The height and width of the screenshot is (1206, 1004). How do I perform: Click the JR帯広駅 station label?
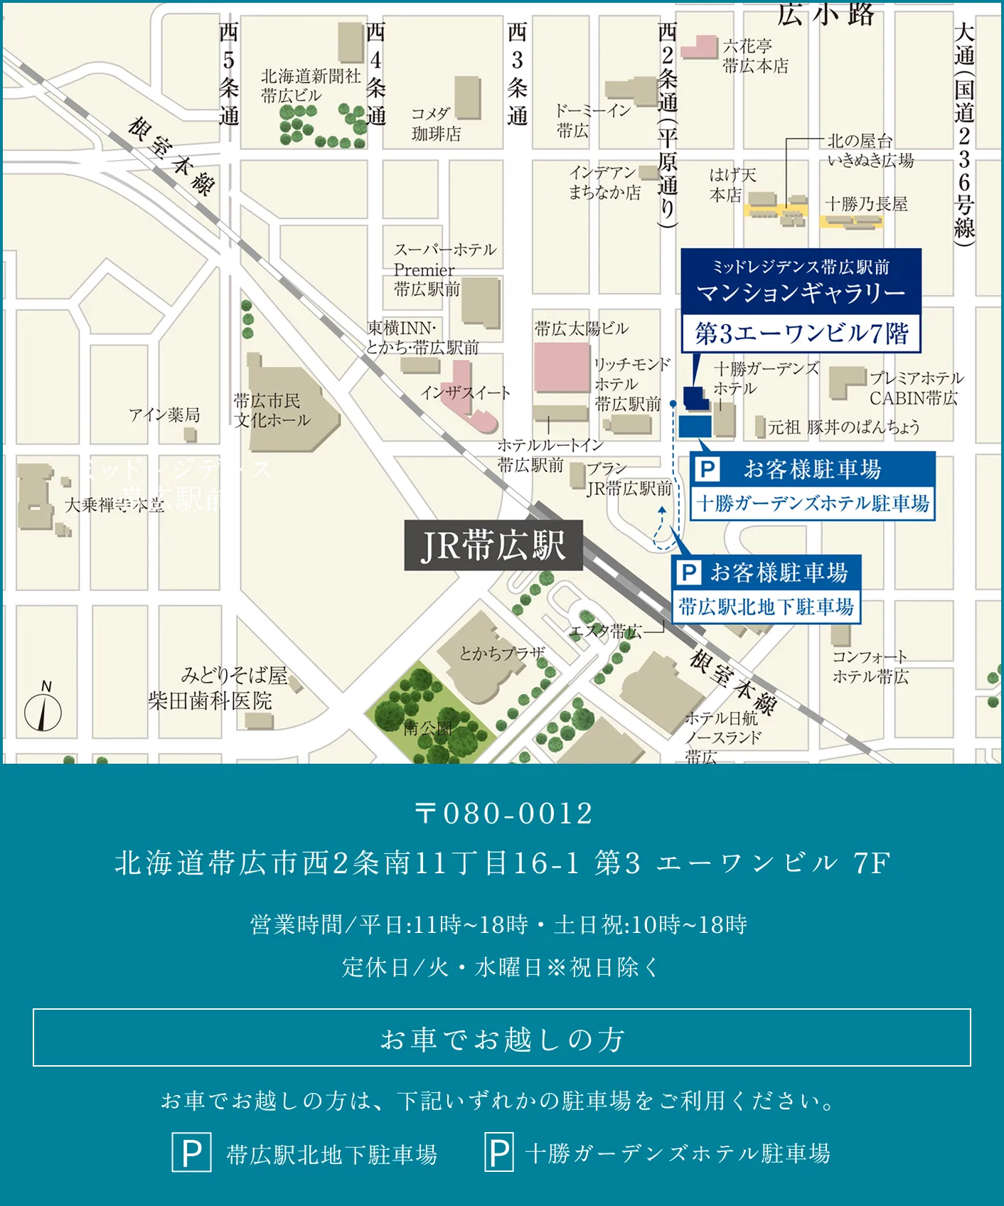click(493, 545)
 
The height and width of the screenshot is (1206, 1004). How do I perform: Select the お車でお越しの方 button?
click(502, 1038)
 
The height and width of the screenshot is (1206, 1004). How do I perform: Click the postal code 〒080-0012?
click(503, 813)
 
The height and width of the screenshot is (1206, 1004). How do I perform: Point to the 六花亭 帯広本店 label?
click(755, 56)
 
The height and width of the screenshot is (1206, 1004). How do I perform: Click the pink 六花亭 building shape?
click(700, 47)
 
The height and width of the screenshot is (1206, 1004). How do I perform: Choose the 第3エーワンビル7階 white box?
click(801, 333)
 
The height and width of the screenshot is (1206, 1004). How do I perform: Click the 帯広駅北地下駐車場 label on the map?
click(767, 607)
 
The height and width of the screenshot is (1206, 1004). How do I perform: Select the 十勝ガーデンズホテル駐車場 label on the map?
click(813, 503)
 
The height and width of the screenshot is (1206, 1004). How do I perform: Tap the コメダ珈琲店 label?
click(436, 124)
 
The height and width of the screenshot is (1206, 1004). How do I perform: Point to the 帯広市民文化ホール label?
click(272, 410)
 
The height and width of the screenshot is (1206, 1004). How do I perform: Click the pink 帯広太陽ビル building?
click(562, 367)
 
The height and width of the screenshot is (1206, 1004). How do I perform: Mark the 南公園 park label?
click(428, 728)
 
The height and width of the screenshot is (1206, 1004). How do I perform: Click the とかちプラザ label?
click(502, 653)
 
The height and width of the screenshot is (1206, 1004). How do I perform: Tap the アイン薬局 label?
click(164, 415)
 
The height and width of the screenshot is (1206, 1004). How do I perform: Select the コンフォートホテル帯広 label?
click(870, 666)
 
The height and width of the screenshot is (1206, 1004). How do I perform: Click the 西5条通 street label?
click(228, 73)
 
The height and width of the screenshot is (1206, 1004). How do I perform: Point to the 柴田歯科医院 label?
click(210, 701)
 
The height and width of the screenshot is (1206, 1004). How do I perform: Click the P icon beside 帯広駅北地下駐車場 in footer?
click(191, 1153)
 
